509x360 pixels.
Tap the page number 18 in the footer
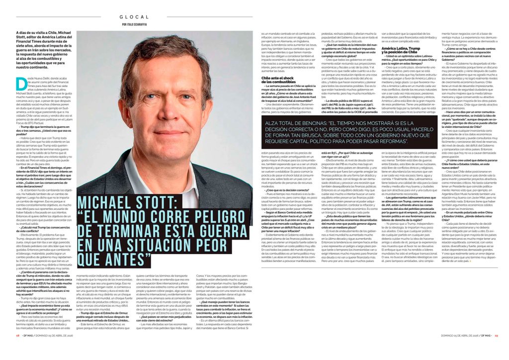pyautogui.click(x=17, y=350)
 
